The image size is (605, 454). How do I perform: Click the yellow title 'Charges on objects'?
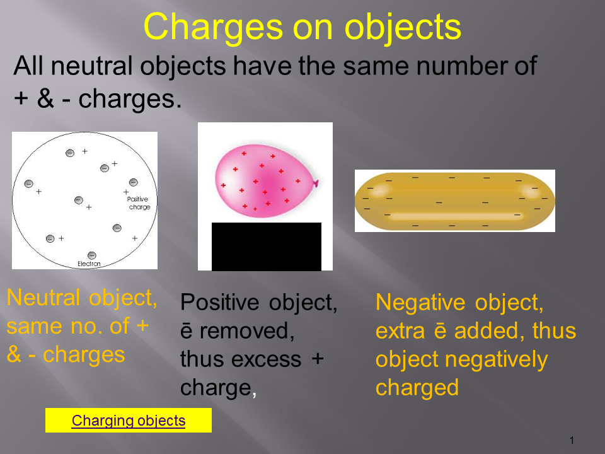[302, 27]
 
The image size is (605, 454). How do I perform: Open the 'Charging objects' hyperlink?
[129, 421]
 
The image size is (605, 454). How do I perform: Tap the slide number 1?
[572, 440]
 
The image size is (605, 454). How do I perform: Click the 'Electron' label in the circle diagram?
[89, 264]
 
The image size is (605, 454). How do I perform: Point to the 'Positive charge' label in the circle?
[138, 203]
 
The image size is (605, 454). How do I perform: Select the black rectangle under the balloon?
[266, 247]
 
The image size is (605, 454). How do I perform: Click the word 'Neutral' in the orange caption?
[43, 298]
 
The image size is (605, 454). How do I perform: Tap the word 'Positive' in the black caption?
[219, 302]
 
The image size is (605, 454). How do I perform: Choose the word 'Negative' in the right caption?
[422, 302]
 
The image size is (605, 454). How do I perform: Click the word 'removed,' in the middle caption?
[247, 331]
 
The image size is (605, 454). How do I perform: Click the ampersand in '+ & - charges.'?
[45, 98]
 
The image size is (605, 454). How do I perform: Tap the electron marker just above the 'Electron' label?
[92, 255]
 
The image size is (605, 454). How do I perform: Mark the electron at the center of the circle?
[79, 200]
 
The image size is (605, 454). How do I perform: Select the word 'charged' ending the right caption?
[417, 388]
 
